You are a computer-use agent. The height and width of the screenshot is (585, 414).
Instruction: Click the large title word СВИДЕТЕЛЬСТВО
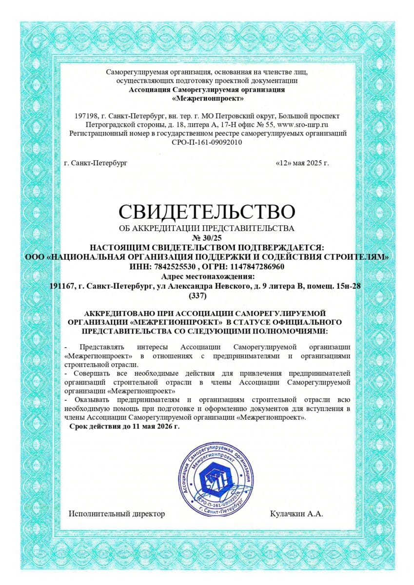pyautogui.click(x=207, y=212)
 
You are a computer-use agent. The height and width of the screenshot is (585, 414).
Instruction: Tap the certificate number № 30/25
pyautogui.click(x=207, y=238)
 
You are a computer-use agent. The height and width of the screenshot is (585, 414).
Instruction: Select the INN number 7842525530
pyautogui.click(x=174, y=267)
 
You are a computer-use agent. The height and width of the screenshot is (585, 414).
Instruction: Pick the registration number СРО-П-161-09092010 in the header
pyautogui.click(x=207, y=142)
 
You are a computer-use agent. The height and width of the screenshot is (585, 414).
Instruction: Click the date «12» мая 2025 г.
pyautogui.click(x=302, y=162)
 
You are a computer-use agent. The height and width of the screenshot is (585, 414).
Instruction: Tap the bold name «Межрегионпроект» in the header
pyautogui.click(x=207, y=98)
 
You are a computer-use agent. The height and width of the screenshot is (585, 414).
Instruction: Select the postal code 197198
pyautogui.click(x=85, y=116)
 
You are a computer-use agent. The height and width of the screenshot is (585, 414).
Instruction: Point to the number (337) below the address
pyautogui.click(x=197, y=295)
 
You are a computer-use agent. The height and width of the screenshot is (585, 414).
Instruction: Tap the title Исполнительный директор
pyautogui.click(x=117, y=513)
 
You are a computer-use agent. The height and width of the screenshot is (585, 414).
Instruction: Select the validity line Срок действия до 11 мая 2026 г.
pyautogui.click(x=124, y=427)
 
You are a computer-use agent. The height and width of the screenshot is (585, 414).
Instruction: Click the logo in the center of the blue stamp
pyautogui.click(x=217, y=480)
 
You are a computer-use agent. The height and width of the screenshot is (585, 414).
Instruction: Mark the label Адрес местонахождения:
pyautogui.click(x=207, y=276)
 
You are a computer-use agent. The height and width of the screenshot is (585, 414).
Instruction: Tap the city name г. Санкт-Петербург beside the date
pyautogui.click(x=96, y=162)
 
